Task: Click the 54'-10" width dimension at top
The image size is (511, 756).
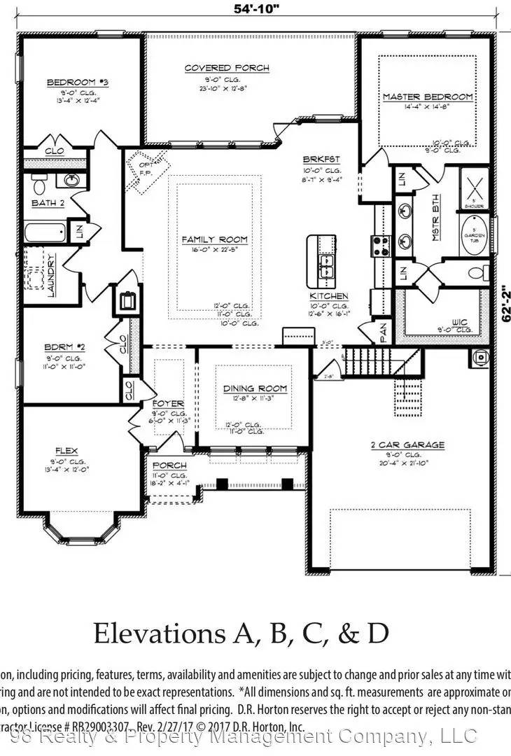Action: [x=255, y=10]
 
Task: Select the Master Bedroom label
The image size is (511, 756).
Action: [x=427, y=97]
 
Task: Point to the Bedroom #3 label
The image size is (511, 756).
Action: [x=78, y=83]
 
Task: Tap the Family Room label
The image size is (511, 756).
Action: [x=215, y=239]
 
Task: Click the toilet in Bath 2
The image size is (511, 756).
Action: [x=39, y=185]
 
